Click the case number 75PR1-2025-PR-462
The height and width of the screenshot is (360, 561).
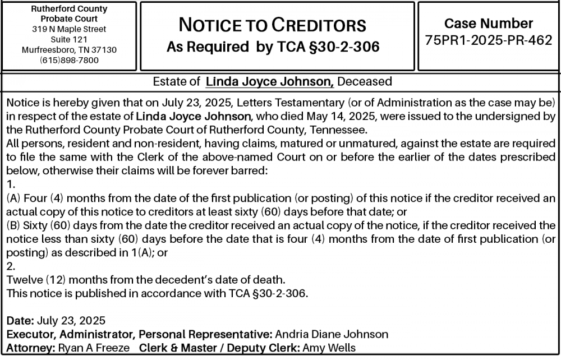pyautogui.click(x=489, y=41)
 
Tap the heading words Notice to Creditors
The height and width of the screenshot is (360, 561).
pyautogui.click(x=272, y=25)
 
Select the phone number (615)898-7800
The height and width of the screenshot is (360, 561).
pyautogui.click(x=69, y=61)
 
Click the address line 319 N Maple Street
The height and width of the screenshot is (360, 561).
pyautogui.click(x=69, y=29)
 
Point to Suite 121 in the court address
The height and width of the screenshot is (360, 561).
pyautogui.click(x=69, y=40)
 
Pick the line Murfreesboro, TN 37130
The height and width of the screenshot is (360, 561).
pyautogui.click(x=69, y=50)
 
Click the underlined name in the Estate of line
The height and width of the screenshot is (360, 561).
pyautogui.click(x=270, y=82)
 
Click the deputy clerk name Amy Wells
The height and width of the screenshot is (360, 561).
pyautogui.click(x=329, y=348)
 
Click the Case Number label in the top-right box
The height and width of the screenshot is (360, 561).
pyautogui.click(x=489, y=24)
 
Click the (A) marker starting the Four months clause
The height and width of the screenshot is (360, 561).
pyautogui.click(x=13, y=199)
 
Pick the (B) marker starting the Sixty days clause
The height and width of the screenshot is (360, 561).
pyautogui.click(x=13, y=226)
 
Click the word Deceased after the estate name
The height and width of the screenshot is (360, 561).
pyautogui.click(x=365, y=82)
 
